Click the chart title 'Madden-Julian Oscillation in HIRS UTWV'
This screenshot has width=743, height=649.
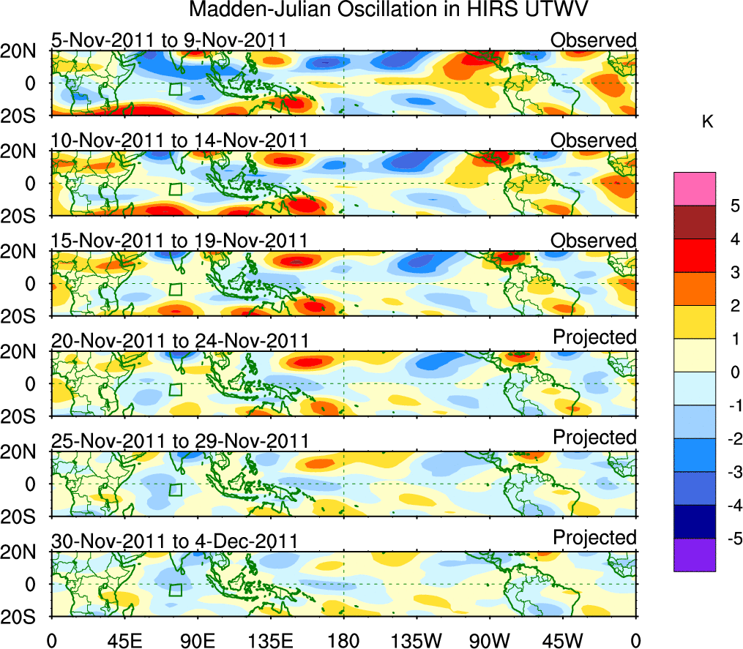[389, 10]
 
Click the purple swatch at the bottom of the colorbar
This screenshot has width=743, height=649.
[694, 555]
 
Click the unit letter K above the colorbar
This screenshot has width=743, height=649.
[707, 122]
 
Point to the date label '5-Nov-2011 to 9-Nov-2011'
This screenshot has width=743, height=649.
[168, 40]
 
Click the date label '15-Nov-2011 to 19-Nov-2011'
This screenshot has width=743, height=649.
[179, 241]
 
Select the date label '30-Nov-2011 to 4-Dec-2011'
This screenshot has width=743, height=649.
[174, 541]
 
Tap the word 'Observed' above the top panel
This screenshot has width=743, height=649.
[594, 40]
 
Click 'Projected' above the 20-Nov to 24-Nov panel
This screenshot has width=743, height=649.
[594, 337]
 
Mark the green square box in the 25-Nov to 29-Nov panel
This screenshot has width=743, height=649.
[175, 490]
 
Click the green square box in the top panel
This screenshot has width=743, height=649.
[175, 89]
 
